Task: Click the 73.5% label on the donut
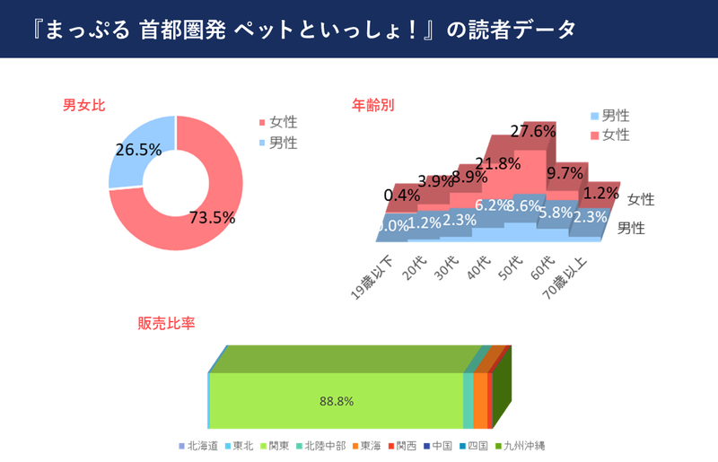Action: coord(212,217)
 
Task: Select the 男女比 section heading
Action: coord(83,105)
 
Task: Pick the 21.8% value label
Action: coord(498,164)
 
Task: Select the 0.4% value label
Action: coord(401,195)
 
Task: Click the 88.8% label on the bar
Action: coord(334,401)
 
